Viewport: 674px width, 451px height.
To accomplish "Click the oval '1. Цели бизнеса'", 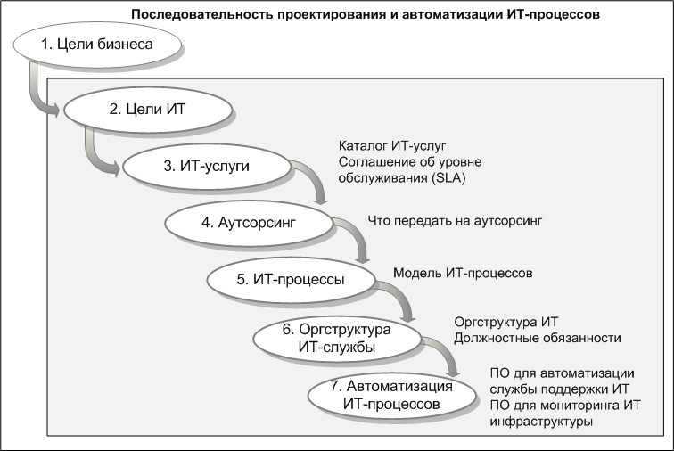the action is point(97,45).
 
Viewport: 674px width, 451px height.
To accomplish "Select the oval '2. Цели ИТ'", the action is point(148,110).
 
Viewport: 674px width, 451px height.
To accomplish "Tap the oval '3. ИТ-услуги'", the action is point(207,167).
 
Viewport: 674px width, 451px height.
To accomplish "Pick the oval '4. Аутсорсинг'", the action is point(249,223).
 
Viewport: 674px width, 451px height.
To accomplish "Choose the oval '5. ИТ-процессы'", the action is point(291,280).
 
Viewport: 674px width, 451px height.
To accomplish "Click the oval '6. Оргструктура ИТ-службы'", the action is point(337,339).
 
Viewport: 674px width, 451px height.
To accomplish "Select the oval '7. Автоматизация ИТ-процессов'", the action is point(391,396).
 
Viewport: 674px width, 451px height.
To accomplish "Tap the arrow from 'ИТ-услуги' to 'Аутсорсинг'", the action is point(315,176).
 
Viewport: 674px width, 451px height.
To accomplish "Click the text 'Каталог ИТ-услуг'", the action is point(392,146).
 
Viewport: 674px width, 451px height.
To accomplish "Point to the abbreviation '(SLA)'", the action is point(448,178).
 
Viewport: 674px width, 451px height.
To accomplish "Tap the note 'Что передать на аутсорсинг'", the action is point(455,221).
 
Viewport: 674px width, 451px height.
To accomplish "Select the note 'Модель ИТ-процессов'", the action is point(463,273).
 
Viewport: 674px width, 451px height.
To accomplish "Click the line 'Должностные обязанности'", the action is point(538,339).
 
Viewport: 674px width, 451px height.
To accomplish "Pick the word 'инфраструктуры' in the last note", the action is point(541,422).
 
